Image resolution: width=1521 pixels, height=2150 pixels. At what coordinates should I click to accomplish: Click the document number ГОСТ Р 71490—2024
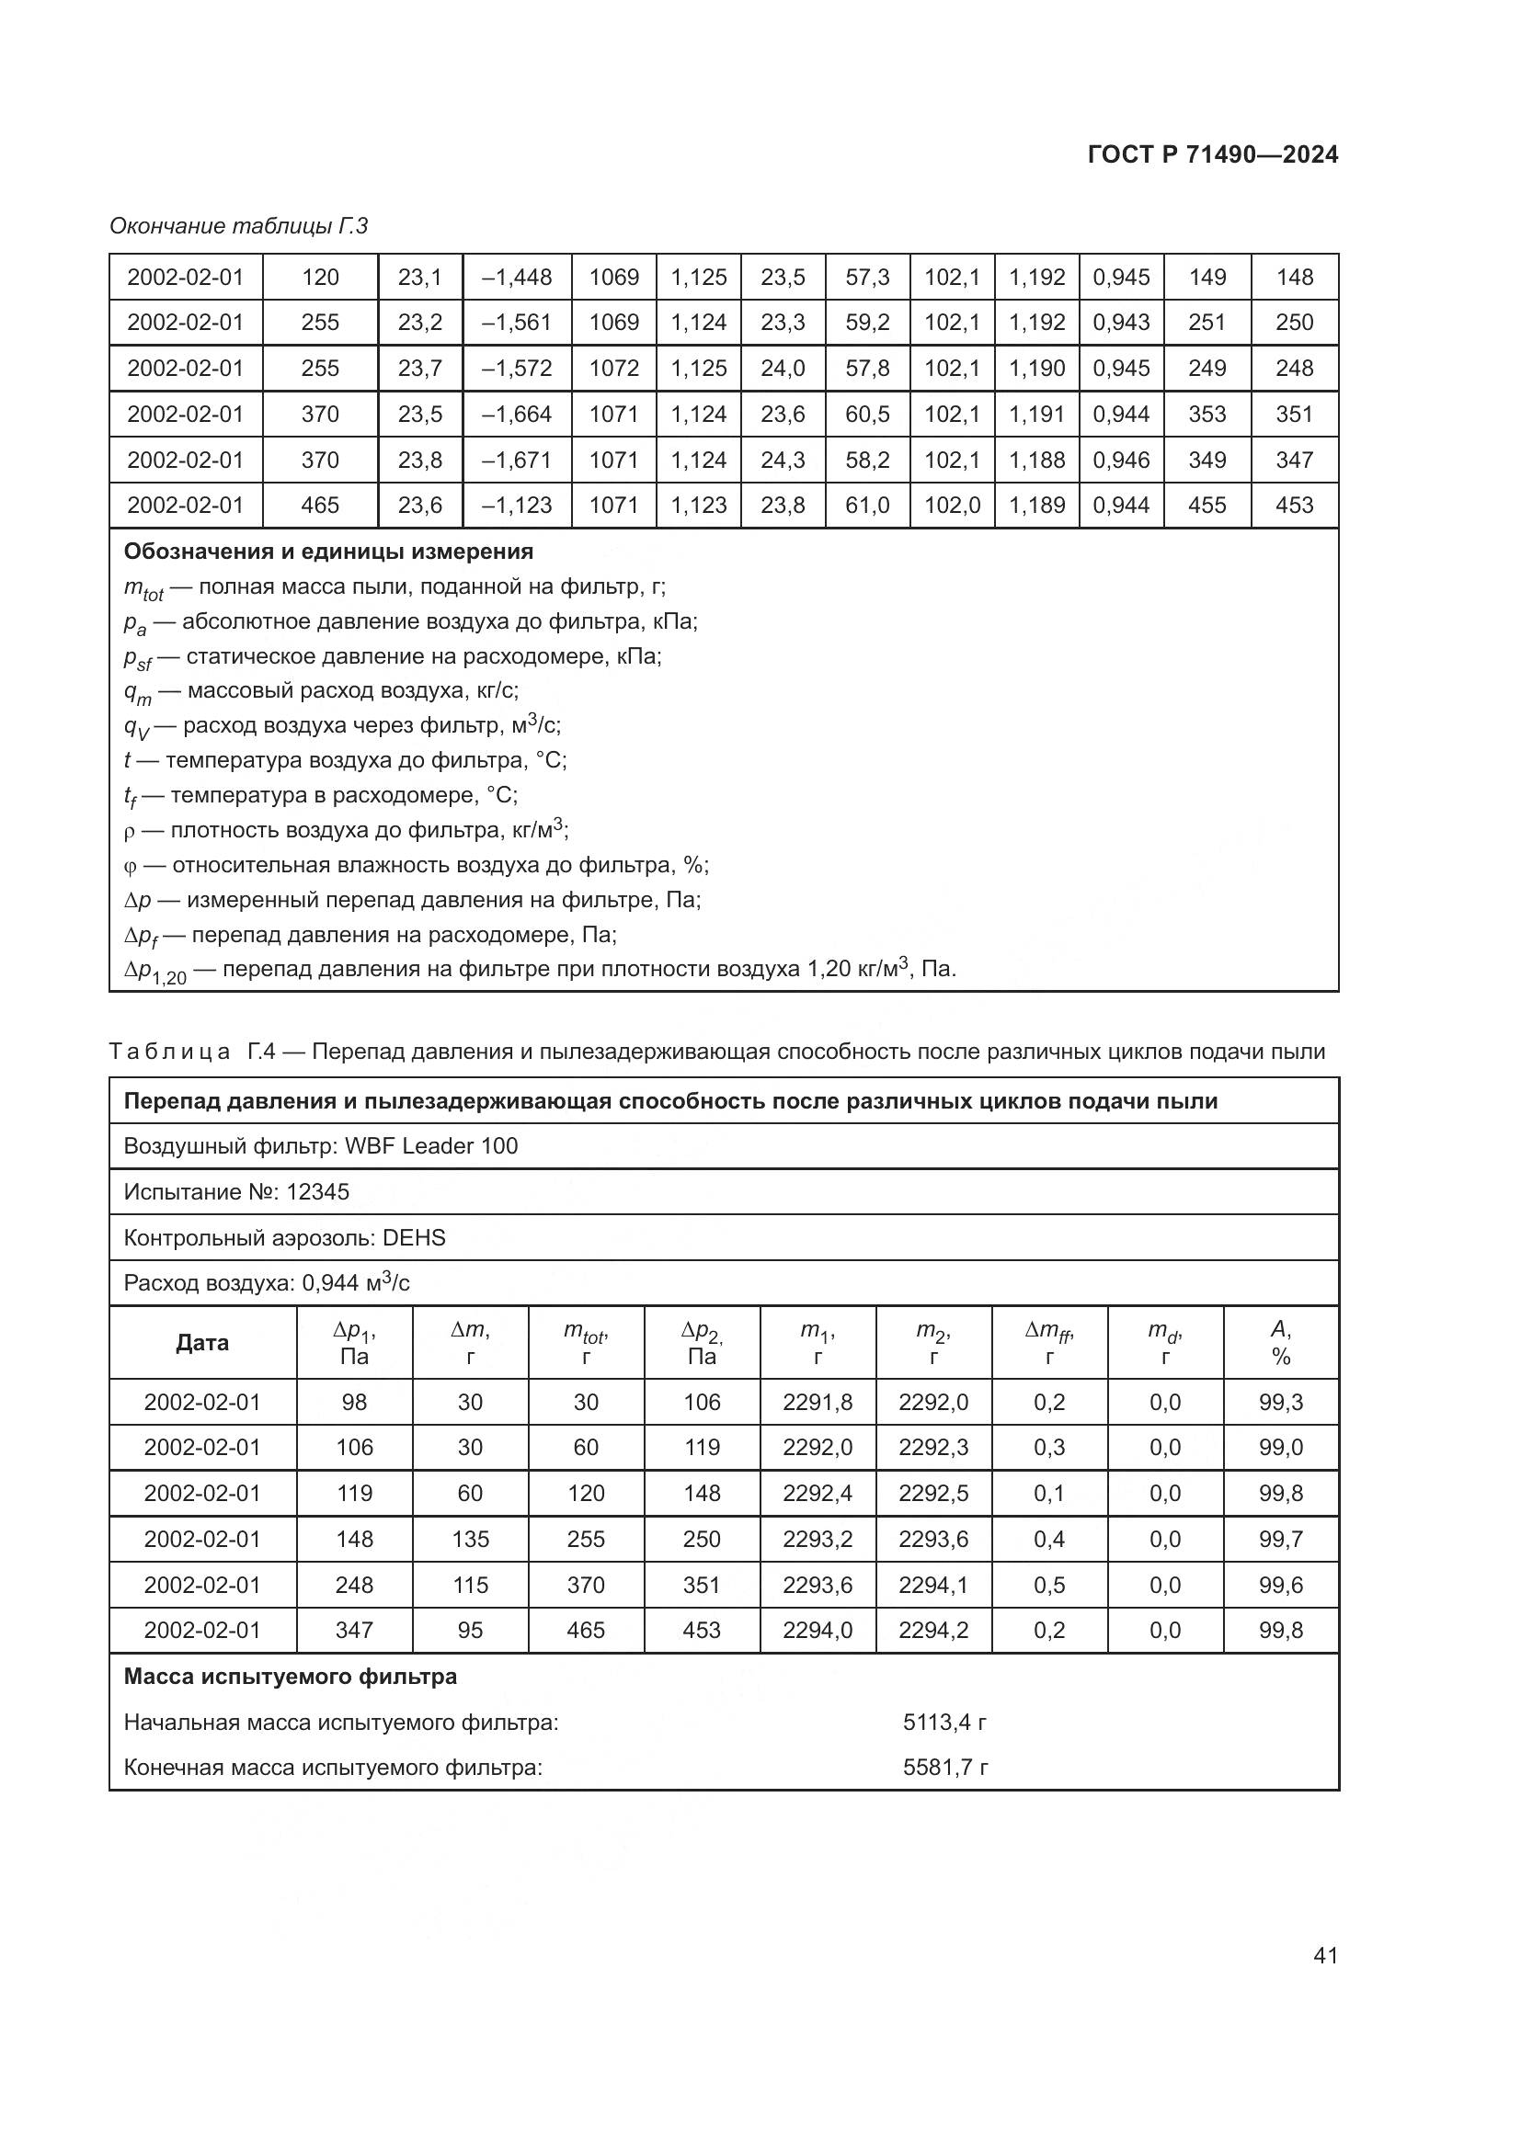1212,154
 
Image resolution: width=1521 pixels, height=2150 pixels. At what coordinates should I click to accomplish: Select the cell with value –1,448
517,278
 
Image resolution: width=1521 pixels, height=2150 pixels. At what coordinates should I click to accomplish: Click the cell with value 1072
613,368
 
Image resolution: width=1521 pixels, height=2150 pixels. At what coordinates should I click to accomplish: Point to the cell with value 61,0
867,506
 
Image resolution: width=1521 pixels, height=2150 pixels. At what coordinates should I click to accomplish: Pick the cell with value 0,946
1121,460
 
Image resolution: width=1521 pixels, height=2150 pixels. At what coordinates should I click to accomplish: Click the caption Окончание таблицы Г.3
239,226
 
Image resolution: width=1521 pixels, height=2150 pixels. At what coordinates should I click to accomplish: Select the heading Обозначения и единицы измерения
328,552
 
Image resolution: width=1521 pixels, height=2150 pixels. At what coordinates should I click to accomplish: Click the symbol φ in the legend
131,865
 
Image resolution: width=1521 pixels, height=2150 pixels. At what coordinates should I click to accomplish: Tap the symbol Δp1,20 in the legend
154,971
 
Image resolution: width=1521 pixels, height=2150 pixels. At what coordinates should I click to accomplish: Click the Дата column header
202,1343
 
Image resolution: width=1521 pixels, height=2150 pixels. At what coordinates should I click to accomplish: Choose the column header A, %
1280,1343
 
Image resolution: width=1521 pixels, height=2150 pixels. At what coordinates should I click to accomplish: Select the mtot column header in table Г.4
586,1343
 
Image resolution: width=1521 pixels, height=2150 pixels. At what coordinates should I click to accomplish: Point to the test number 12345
317,1192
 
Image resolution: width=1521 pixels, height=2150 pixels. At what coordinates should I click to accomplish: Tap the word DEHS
414,1238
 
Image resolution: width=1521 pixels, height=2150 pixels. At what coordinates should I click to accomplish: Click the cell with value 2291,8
818,1402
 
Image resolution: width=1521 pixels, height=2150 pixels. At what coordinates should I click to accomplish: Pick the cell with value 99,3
1280,1402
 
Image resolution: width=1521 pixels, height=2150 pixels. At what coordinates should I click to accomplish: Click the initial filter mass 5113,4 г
944,1722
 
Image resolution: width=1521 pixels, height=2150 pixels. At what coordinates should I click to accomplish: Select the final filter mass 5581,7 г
945,1768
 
